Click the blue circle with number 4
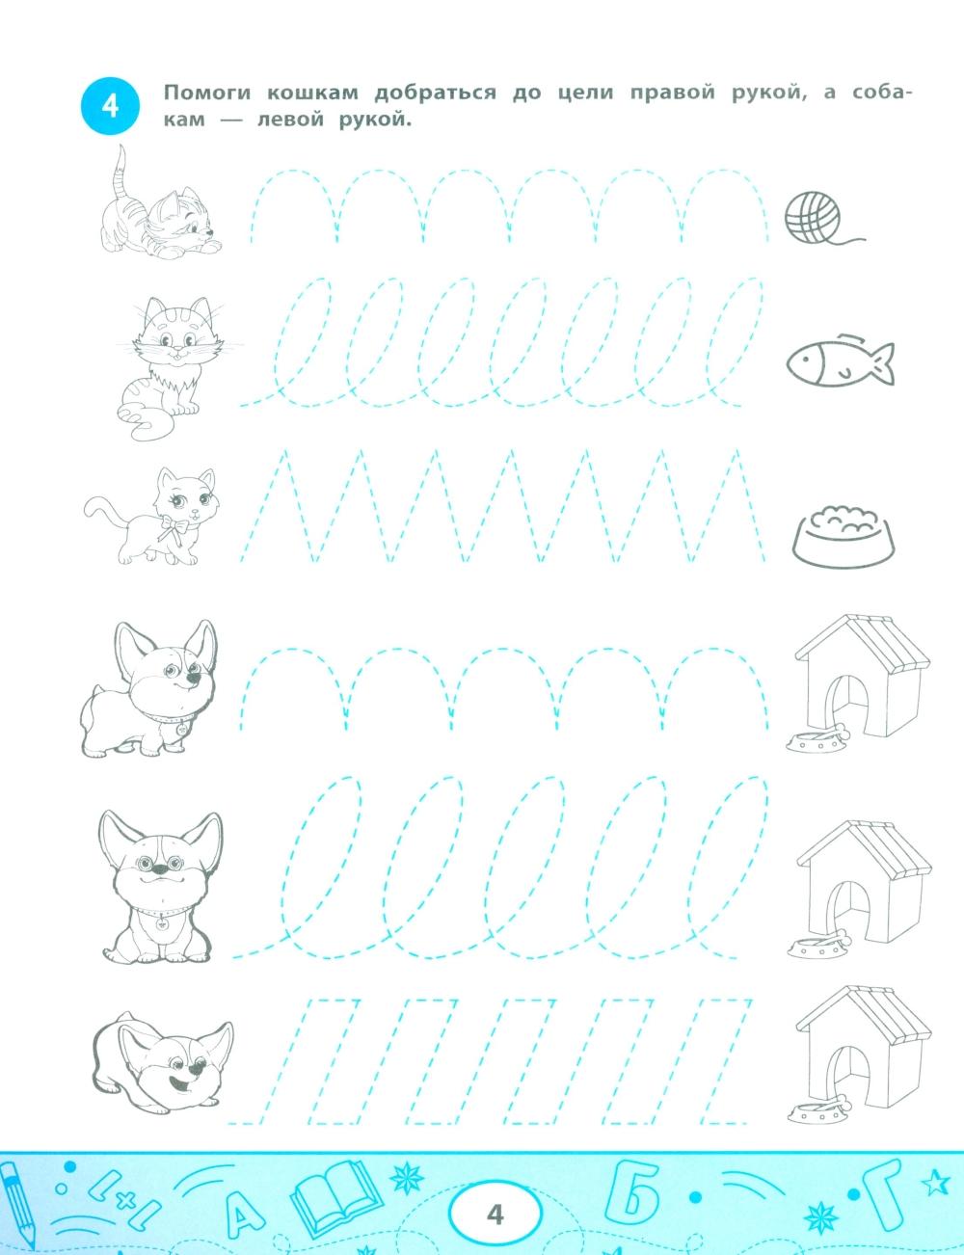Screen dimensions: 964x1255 [x=110, y=107]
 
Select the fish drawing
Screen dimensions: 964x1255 [x=840, y=360]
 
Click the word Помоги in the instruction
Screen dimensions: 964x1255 [x=207, y=93]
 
